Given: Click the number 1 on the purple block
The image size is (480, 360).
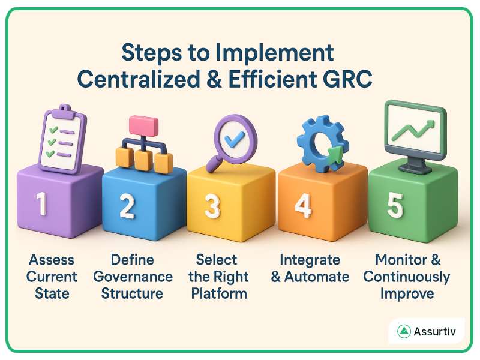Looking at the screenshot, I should tap(41, 205).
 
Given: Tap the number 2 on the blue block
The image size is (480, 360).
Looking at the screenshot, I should tap(127, 206).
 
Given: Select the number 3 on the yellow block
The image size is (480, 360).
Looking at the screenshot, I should tap(212, 206).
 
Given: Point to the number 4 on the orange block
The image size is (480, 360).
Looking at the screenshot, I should tap(303, 206).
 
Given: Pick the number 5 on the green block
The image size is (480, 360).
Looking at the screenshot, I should tap(395, 205).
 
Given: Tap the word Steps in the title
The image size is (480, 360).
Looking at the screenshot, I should tap(151, 53).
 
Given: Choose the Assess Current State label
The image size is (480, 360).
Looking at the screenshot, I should tap(52, 277).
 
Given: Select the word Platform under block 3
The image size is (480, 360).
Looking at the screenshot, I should tap(219, 293).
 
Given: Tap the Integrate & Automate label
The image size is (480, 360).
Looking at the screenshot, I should tap(310, 268).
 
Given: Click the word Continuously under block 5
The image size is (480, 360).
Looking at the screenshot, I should tap(406, 277).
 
